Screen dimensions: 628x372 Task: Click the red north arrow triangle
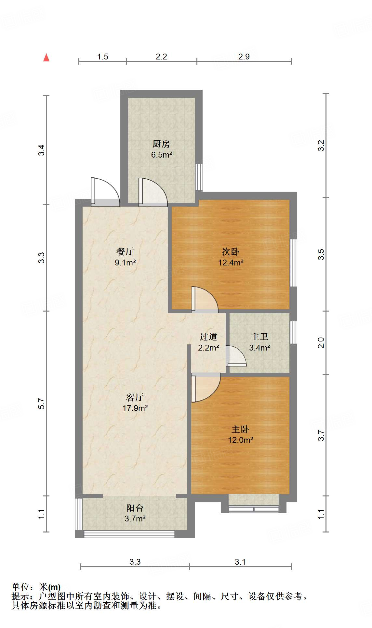(46, 58)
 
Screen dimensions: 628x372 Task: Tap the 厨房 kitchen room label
(161, 144)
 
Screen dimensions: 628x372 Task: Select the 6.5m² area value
(161, 155)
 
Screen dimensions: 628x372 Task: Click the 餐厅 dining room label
(125, 251)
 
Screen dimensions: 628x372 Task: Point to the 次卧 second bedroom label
(231, 251)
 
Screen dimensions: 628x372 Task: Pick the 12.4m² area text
(231, 263)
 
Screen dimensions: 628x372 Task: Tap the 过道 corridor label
(208, 337)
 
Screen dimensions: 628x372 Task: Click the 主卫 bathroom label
(259, 337)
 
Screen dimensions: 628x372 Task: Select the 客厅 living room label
(135, 397)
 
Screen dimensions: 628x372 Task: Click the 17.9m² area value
(135, 408)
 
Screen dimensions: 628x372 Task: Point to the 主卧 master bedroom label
(240, 429)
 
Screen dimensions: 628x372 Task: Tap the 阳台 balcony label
(135, 508)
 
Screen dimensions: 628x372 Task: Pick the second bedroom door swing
(205, 299)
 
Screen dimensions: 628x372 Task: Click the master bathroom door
(235, 356)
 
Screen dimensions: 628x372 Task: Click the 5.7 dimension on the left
(41, 404)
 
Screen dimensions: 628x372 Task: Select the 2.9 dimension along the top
(244, 57)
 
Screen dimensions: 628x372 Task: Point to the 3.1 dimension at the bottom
(240, 562)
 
